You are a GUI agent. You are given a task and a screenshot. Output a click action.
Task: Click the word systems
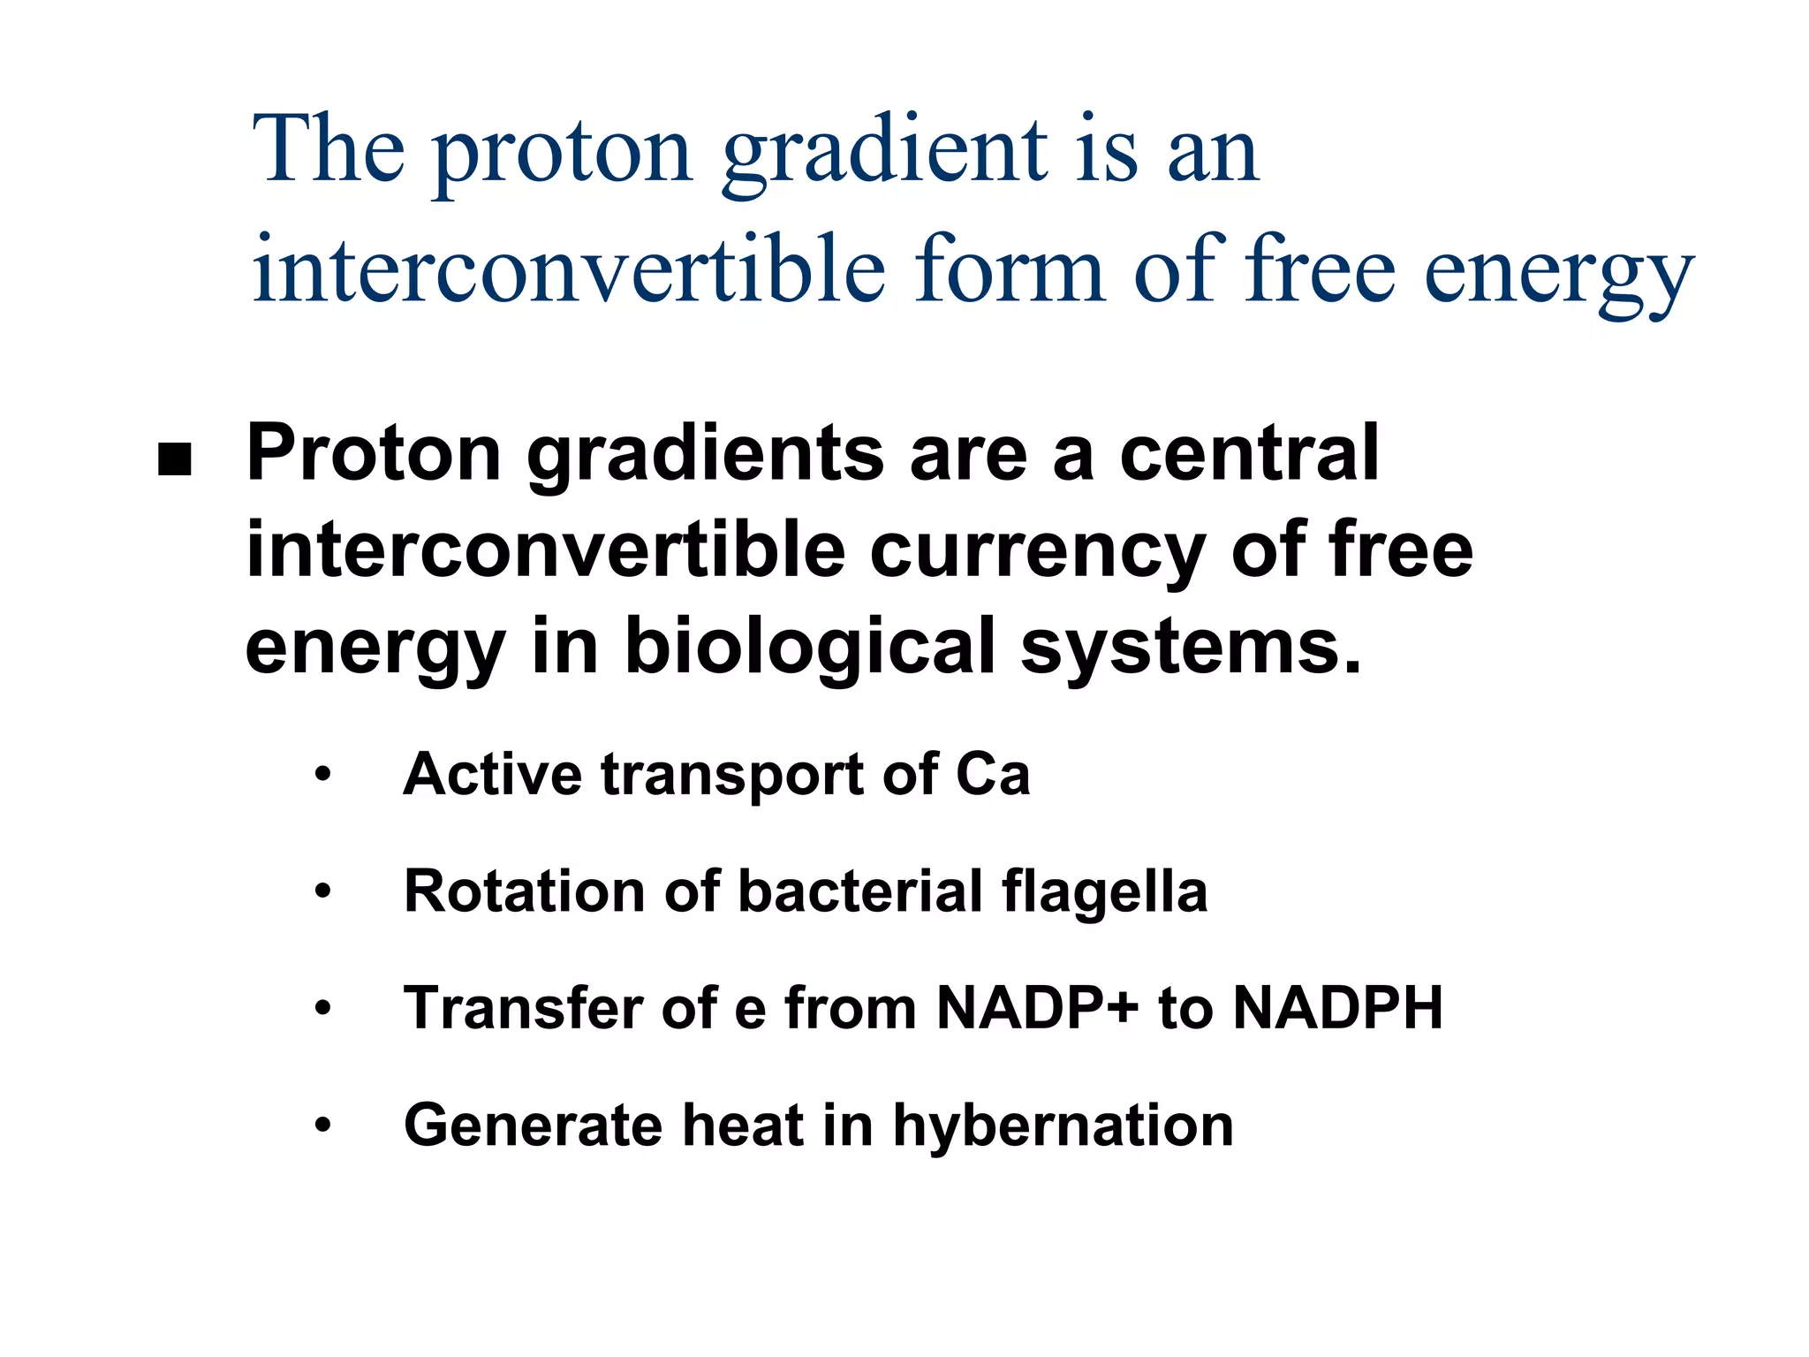tap(1191, 647)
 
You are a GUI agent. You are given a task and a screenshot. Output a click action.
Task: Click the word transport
tap(732, 776)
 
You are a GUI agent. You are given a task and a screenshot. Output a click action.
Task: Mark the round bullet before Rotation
tap(323, 891)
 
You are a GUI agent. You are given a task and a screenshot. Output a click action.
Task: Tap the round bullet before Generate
tap(323, 1126)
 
